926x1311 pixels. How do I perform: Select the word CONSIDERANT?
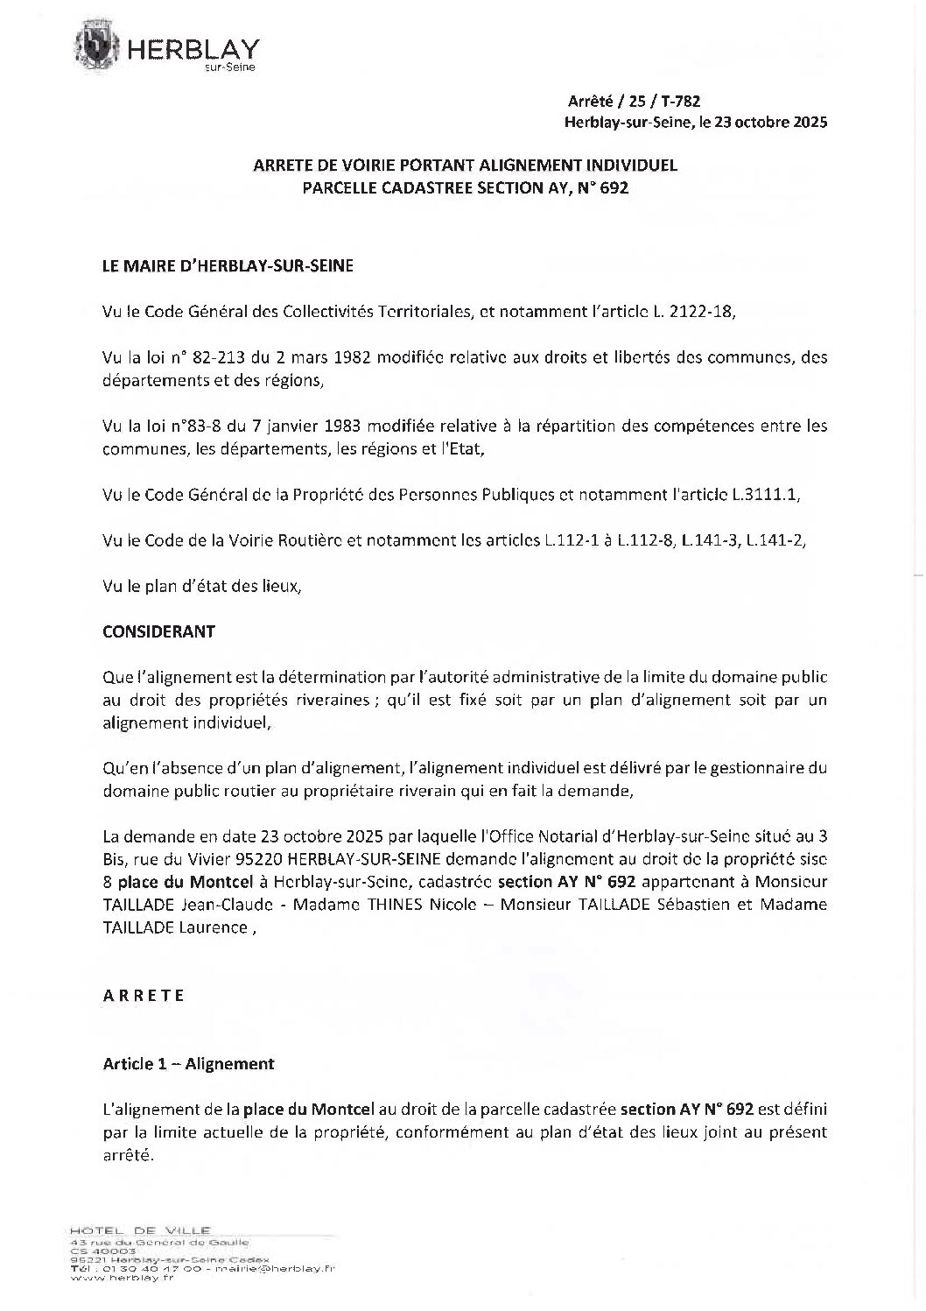click(158, 631)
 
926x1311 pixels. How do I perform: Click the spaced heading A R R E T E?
click(144, 996)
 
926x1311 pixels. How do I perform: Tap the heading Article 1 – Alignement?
click(188, 1064)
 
